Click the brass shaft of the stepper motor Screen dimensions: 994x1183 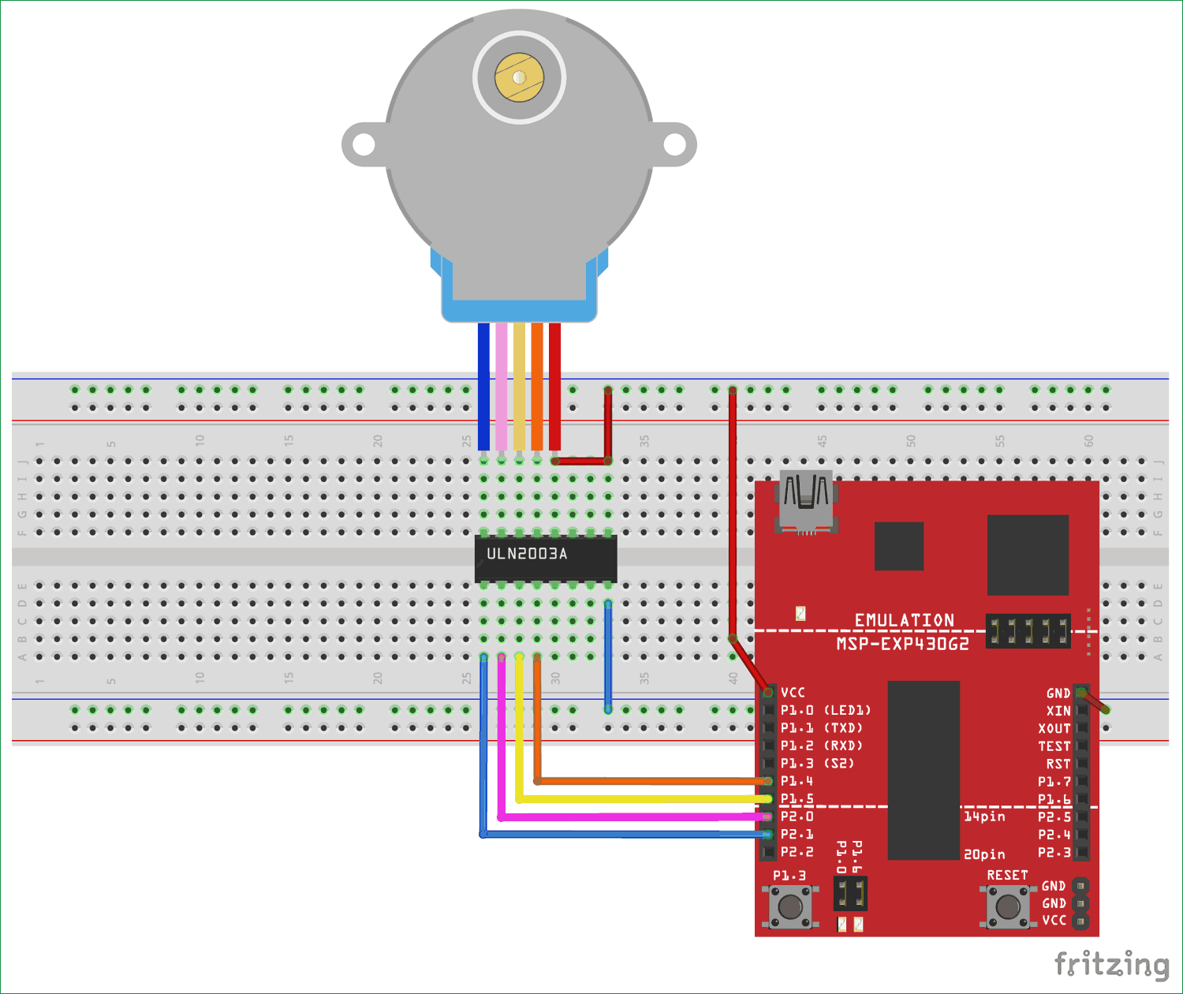[x=519, y=77]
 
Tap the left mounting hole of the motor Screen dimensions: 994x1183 [x=363, y=145]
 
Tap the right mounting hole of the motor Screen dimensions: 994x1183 [x=674, y=144]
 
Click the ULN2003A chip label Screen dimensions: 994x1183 [x=527, y=554]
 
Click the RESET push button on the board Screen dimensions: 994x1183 [x=1008, y=906]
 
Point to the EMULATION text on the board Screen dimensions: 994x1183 [x=905, y=620]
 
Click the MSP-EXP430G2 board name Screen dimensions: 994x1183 [x=902, y=644]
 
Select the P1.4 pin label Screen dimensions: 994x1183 [x=797, y=781]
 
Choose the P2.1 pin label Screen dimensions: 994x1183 [x=797, y=834]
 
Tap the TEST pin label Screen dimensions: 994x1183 [x=1054, y=746]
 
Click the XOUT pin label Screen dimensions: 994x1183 [x=1054, y=728]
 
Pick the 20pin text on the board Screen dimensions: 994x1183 [x=984, y=854]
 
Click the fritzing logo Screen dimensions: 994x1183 [x=1111, y=965]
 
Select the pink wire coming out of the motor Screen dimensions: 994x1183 [x=502, y=387]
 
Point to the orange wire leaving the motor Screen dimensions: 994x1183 [x=537, y=387]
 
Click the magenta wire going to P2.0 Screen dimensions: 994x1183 [x=631, y=816]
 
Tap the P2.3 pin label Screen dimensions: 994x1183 [x=1054, y=852]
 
